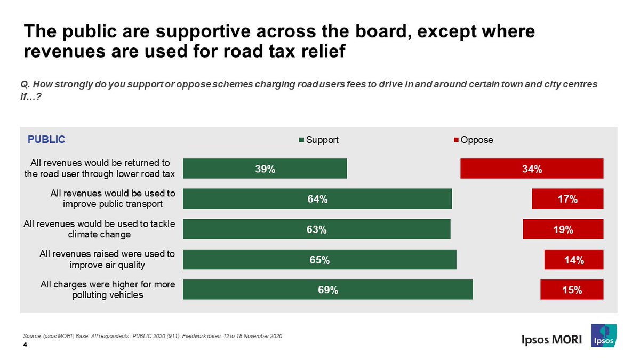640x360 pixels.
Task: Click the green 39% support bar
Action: (265, 169)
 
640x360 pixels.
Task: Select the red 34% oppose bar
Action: (532, 169)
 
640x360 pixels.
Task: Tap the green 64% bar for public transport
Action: (317, 199)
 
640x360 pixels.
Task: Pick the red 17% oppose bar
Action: (567, 199)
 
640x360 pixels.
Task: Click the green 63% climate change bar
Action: (317, 229)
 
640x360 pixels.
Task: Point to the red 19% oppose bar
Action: (563, 229)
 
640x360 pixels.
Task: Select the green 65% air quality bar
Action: (319, 260)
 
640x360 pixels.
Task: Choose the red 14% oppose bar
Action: (573, 260)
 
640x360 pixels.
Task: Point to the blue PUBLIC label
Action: (46, 140)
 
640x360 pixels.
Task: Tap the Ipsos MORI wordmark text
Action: (551, 340)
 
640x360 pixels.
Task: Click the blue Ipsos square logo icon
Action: (604, 336)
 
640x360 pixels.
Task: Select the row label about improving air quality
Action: (107, 260)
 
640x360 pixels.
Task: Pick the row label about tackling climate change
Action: (100, 229)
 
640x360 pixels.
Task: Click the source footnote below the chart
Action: (153, 335)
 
